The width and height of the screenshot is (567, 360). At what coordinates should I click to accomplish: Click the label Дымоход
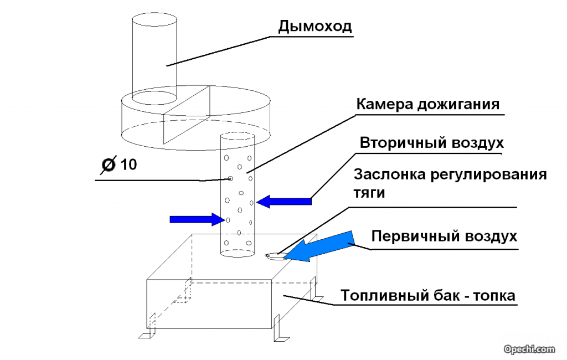[315, 25]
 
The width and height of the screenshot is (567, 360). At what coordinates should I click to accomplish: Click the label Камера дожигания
[427, 104]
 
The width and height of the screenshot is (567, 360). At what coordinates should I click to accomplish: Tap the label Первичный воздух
[444, 236]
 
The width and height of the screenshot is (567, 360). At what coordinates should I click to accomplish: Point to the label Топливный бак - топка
[427, 296]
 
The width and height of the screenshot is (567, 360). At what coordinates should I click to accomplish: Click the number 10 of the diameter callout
[128, 164]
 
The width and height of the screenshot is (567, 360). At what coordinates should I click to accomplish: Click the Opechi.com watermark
[529, 349]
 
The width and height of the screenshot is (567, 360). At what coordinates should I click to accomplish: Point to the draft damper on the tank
[273, 255]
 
